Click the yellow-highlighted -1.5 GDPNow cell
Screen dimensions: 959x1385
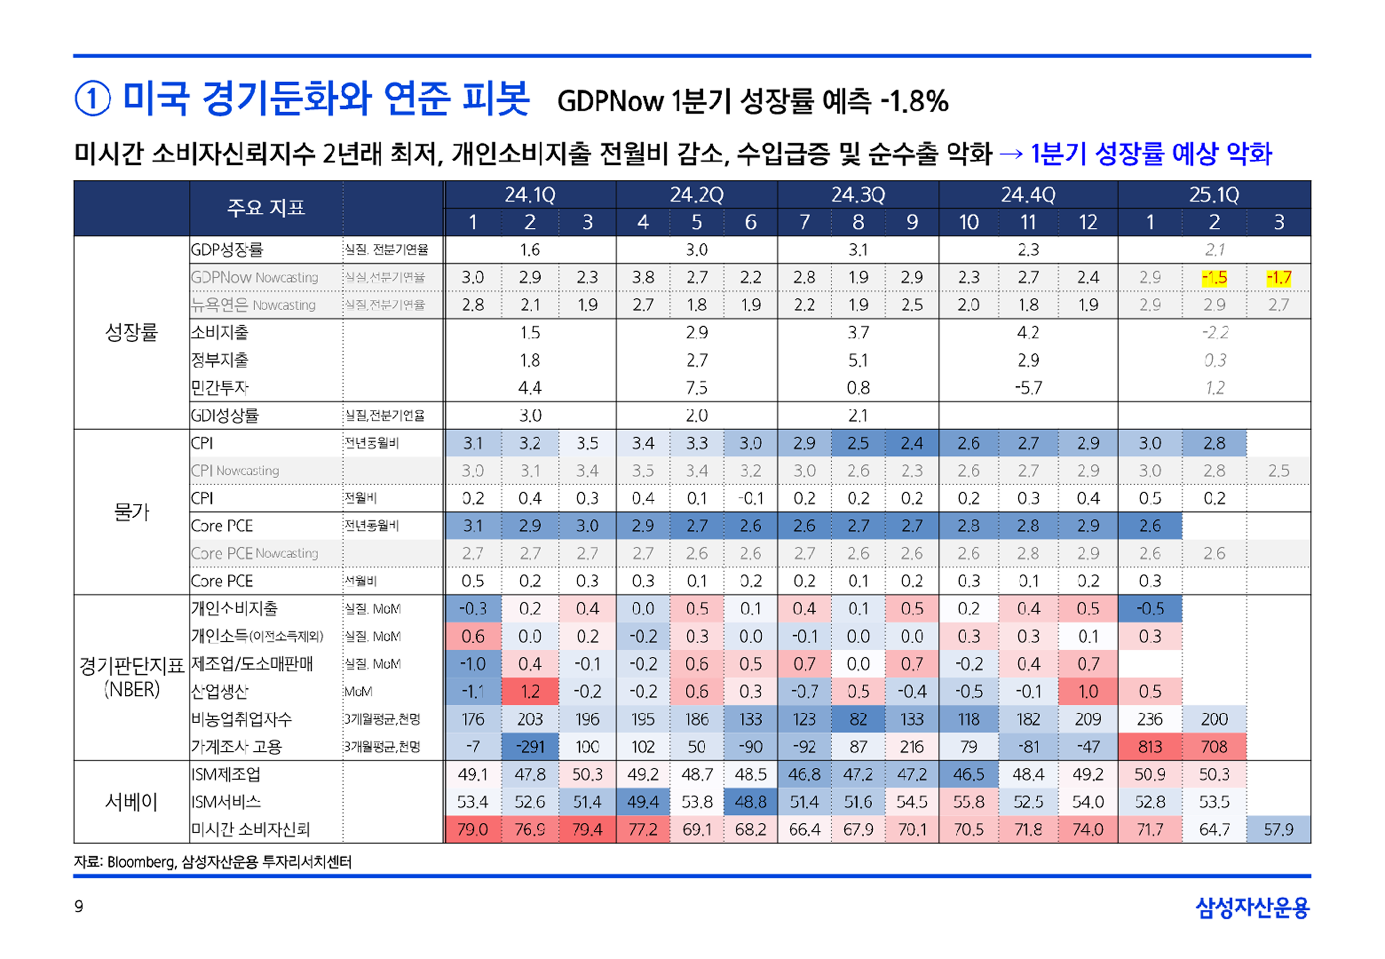point(1214,277)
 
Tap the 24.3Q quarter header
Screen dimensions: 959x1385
point(858,194)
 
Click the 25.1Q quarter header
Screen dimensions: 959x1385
point(1214,194)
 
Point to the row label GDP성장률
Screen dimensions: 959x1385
point(226,250)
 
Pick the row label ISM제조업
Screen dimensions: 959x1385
point(226,775)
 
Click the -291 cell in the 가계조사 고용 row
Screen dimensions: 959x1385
point(530,747)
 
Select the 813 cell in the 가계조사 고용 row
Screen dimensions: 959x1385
point(1150,747)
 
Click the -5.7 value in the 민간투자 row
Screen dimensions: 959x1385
point(1028,388)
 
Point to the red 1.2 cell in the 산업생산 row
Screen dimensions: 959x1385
point(530,692)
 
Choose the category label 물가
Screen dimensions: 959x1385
point(131,512)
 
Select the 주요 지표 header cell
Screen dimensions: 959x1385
point(265,208)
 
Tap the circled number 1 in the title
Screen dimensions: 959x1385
point(92,99)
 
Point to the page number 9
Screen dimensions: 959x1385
point(79,906)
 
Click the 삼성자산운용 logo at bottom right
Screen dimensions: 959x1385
point(1252,907)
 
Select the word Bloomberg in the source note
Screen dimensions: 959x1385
point(141,862)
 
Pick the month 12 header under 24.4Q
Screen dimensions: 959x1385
point(1088,222)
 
